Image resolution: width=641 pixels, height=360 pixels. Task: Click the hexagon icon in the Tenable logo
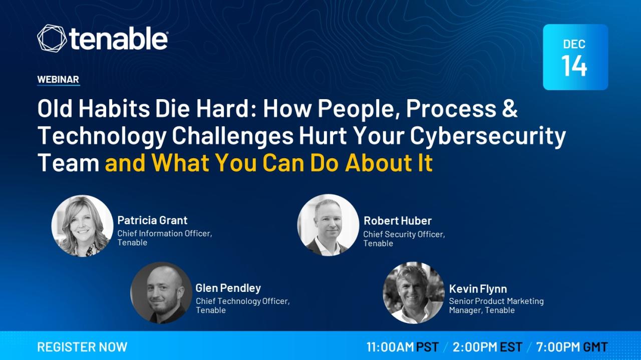(x=52, y=39)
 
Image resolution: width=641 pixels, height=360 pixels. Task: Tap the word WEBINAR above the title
(x=58, y=79)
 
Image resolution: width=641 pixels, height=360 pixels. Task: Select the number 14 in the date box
(x=574, y=66)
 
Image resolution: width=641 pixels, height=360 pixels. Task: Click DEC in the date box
(x=574, y=44)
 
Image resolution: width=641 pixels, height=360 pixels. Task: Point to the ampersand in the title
(x=510, y=109)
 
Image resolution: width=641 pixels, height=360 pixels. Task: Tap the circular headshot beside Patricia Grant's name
(x=82, y=226)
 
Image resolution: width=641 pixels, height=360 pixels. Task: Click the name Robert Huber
(x=398, y=221)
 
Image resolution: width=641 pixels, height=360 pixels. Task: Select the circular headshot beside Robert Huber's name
(x=328, y=225)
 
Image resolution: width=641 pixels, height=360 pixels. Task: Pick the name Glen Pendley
(x=228, y=288)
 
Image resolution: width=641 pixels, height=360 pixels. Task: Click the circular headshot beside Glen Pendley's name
(x=161, y=293)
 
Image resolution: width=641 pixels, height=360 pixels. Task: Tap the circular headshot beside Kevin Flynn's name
(x=414, y=293)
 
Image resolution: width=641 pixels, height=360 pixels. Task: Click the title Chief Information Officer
(x=165, y=233)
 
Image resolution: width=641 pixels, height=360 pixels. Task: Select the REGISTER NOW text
(x=82, y=347)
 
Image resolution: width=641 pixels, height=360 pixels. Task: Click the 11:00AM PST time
(x=402, y=347)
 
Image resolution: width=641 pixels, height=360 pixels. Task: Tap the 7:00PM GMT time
(x=572, y=347)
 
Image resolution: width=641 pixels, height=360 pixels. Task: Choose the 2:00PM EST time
(x=487, y=347)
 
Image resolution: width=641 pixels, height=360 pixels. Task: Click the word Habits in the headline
(x=114, y=109)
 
